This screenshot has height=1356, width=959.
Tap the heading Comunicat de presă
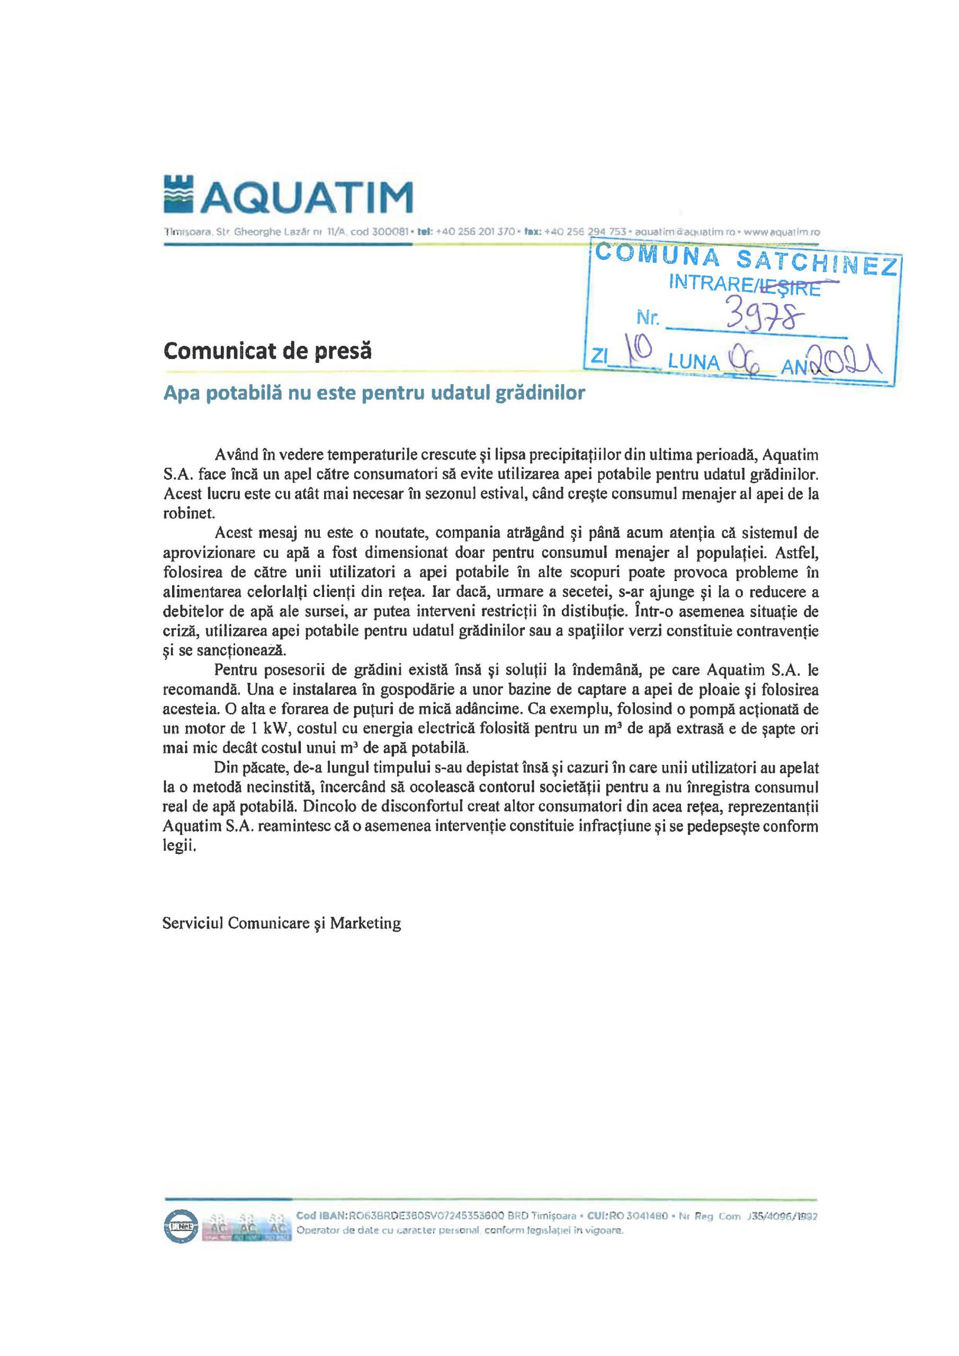(267, 351)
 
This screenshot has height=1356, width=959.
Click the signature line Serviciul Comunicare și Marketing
(282, 923)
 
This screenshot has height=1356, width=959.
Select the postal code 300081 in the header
(389, 232)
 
